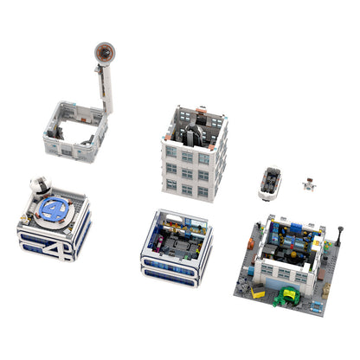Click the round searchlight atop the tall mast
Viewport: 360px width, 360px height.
[x=102, y=53]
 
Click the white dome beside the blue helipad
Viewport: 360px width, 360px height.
[x=38, y=186]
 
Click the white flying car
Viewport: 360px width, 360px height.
[x=270, y=183]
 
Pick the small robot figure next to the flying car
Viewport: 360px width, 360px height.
[x=307, y=183]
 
